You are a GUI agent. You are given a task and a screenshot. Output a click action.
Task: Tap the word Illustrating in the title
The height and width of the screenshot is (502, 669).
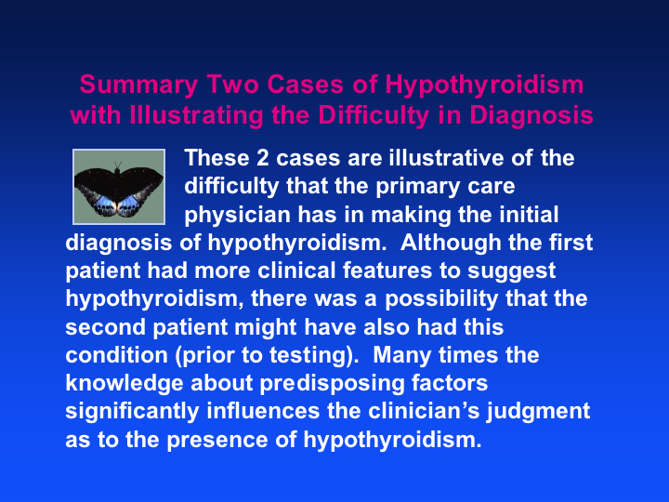(196, 116)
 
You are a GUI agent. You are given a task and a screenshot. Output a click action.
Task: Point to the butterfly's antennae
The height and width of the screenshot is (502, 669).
(118, 165)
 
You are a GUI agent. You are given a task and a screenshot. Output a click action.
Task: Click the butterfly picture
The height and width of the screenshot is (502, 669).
(119, 187)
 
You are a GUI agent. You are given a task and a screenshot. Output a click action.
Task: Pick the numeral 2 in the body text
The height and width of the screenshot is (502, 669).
(262, 158)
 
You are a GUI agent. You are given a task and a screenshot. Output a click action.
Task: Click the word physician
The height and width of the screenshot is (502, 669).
(237, 216)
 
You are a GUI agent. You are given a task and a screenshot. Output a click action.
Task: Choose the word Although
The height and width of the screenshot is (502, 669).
(451, 244)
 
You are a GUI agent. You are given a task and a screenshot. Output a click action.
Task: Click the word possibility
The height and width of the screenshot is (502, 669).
(441, 299)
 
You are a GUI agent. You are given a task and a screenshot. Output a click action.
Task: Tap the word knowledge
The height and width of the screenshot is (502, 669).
(125, 384)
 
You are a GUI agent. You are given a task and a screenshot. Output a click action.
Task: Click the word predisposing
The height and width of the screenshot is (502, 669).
(332, 384)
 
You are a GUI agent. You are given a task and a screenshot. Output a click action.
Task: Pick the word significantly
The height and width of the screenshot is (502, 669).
(132, 412)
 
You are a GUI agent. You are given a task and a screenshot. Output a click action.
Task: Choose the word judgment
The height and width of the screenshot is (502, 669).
(538, 412)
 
